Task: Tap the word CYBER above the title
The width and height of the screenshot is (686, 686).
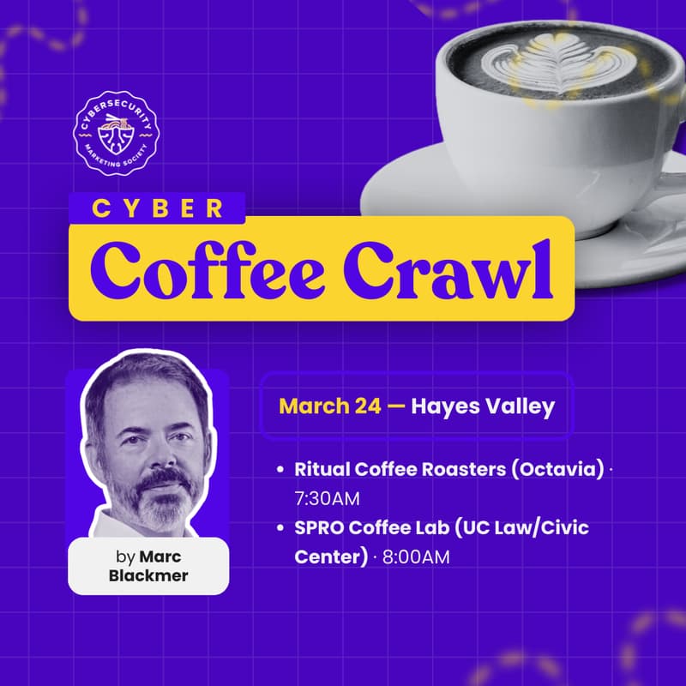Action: coord(157,209)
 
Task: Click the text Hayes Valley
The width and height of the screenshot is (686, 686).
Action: coord(483,406)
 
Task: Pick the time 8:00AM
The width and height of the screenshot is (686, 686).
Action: coord(416,557)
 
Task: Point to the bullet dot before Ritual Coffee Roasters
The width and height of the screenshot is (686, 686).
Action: coord(280,472)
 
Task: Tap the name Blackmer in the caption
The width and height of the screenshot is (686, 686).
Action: coord(148,575)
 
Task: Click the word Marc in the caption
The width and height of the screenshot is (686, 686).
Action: coord(165,557)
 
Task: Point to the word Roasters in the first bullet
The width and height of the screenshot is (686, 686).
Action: coord(469,471)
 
